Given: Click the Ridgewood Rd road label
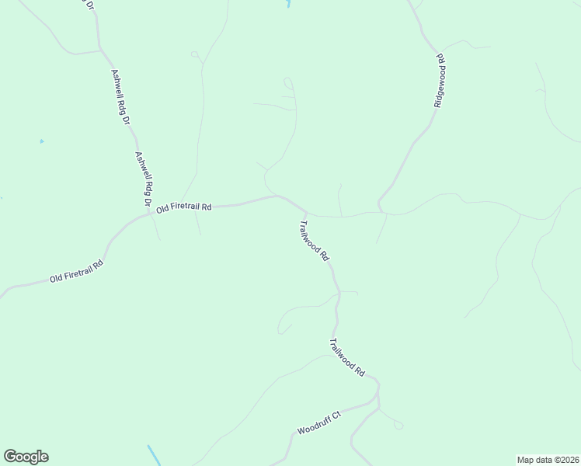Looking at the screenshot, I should tap(440, 80).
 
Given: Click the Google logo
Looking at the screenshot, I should tap(26, 457).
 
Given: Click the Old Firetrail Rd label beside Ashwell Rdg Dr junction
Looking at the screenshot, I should tap(184, 208).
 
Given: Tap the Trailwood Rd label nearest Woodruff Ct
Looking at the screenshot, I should tap(346, 357).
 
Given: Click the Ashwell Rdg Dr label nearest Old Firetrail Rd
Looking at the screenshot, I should tap(144, 178).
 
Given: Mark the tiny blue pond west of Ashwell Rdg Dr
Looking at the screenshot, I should tap(41, 141).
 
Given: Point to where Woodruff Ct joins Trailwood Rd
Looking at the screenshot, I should tap(377, 402).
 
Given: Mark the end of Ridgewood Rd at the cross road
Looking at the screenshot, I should tap(381, 210).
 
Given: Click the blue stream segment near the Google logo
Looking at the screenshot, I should tap(154, 455).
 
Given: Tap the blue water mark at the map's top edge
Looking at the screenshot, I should tap(288, 4).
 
